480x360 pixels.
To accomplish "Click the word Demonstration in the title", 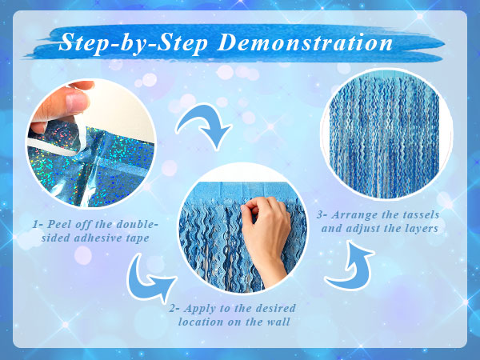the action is [305, 43].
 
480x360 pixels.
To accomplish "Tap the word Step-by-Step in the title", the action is [134, 43].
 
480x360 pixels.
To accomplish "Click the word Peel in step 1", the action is [58, 224].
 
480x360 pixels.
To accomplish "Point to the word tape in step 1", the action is [138, 238].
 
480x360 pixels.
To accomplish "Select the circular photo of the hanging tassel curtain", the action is [386, 134].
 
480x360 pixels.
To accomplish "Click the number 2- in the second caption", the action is [174, 308].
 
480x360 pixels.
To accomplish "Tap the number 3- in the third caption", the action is [322, 215].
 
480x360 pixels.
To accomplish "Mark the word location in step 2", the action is [201, 322].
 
